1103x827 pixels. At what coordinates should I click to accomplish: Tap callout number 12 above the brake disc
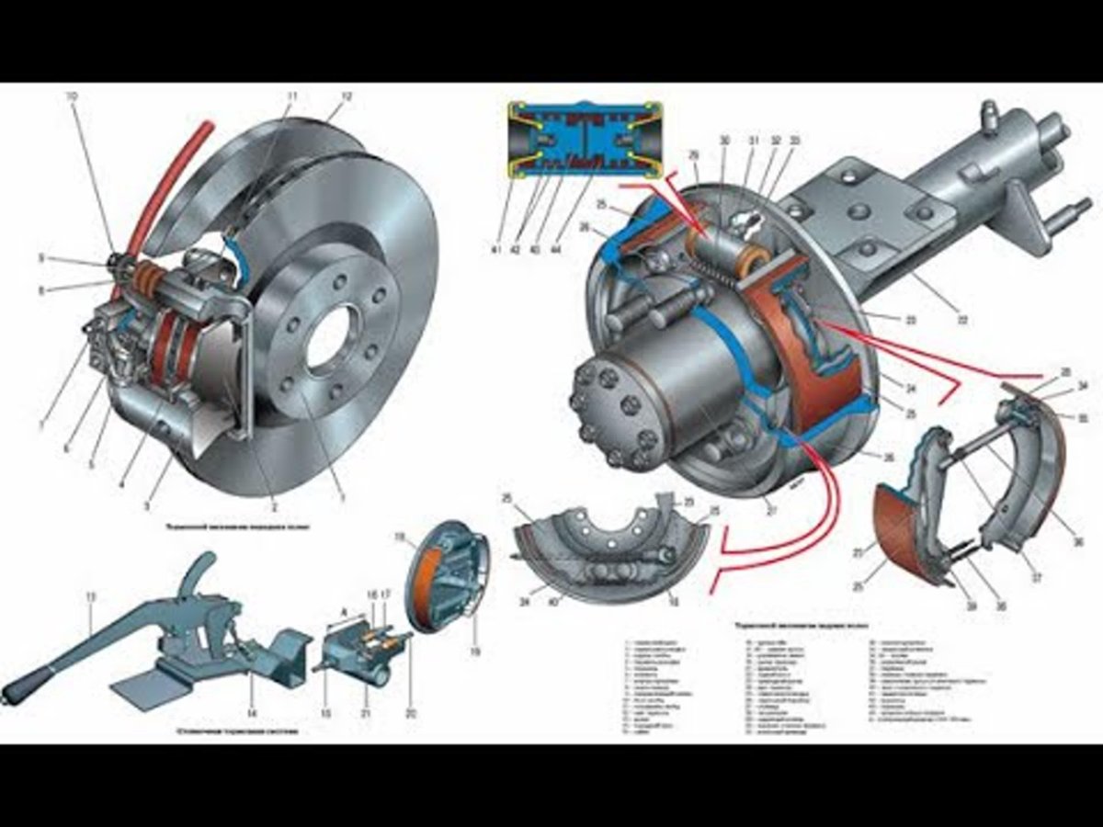point(347,96)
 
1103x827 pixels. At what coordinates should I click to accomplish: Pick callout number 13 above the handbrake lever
point(91,597)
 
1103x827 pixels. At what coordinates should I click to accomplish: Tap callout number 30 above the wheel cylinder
point(724,141)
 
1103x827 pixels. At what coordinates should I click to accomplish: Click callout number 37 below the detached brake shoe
point(1037,578)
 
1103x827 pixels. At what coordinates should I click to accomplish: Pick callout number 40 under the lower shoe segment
point(555,603)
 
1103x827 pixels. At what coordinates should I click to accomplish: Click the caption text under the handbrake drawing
point(237,732)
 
